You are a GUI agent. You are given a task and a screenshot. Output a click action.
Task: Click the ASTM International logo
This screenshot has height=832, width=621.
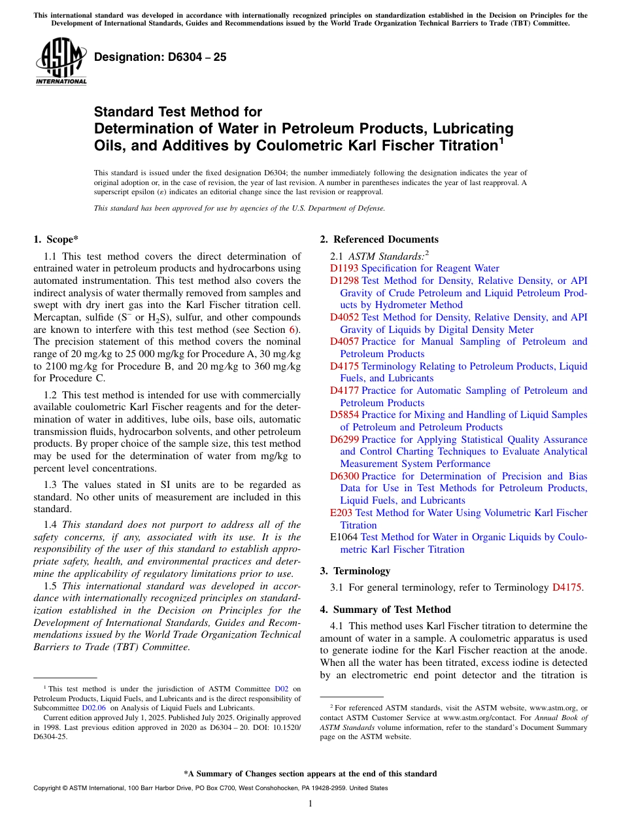[61, 61]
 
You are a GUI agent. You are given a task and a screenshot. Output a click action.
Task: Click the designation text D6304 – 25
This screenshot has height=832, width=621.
[160, 58]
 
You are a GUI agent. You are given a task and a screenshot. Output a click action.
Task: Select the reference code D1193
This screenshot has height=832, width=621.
[344, 268]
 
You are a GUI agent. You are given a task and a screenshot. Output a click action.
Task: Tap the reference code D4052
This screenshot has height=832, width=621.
[344, 317]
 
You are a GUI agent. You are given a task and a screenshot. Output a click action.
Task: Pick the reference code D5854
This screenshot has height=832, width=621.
[344, 415]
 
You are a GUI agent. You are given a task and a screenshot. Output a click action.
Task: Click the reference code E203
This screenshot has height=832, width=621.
[341, 513]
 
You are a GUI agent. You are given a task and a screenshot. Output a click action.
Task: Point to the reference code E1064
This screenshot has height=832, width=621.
[344, 537]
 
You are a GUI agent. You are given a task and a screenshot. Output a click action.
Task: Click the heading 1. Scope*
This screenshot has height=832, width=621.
[58, 239]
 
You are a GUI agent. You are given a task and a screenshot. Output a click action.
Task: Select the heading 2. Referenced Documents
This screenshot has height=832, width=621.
[379, 239]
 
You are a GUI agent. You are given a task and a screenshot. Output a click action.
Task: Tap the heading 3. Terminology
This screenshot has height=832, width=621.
[355, 571]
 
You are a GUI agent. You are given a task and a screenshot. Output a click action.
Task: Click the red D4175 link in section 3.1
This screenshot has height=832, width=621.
[566, 587]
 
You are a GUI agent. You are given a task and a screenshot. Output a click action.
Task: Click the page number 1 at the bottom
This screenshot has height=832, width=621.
[310, 804]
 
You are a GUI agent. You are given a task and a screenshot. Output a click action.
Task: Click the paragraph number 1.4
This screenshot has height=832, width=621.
[50, 525]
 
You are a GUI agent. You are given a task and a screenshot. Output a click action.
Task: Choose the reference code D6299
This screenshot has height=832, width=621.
[344, 440]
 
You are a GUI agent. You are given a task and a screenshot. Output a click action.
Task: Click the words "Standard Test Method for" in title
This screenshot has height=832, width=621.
[178, 113]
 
